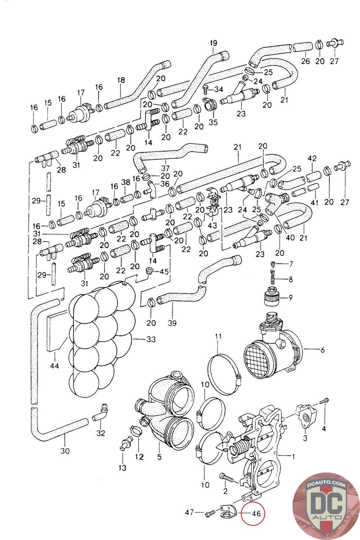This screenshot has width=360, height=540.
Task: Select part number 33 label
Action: [x=151, y=339]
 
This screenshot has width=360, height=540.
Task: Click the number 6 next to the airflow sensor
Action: [x=322, y=350]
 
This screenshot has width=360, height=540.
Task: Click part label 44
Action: [x=54, y=365]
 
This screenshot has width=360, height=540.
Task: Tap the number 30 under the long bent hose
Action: [x=65, y=451]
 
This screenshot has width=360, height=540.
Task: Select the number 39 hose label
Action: [x=172, y=323]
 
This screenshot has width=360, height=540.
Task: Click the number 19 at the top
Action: [x=213, y=43]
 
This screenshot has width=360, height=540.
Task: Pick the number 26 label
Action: [x=305, y=61]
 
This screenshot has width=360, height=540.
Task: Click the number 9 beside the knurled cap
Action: [x=290, y=298]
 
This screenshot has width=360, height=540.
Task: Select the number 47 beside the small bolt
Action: [x=189, y=512]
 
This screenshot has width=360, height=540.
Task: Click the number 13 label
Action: [x=122, y=467]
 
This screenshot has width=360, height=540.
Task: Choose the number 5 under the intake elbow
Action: [x=159, y=457]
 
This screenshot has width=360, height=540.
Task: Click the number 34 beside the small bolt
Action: [x=218, y=89]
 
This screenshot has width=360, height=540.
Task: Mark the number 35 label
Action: [x=213, y=122]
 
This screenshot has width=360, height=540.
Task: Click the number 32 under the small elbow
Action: [x=101, y=433]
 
